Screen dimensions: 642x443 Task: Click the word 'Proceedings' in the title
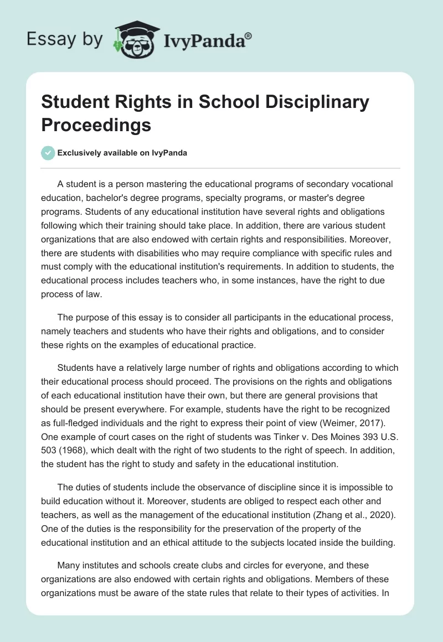click(x=96, y=125)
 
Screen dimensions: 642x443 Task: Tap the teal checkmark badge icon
click(x=48, y=153)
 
